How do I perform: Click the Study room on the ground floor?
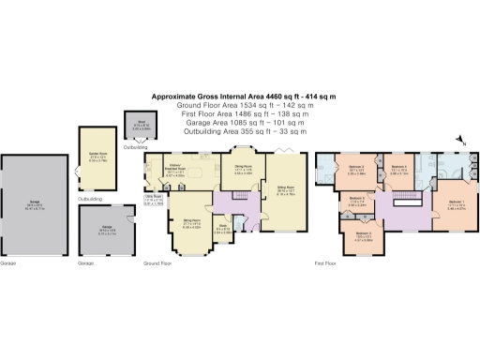click(224, 228)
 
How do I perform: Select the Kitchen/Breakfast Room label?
click(173, 171)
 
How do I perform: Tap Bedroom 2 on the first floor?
click(354, 169)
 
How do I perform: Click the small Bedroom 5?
click(359, 201)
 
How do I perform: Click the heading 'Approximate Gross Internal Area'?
click(245, 96)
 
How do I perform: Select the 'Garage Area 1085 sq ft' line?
click(245, 118)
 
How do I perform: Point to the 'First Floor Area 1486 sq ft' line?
click(245, 111)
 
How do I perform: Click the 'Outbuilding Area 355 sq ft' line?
click(245, 126)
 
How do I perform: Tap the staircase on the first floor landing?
click(409, 202)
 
